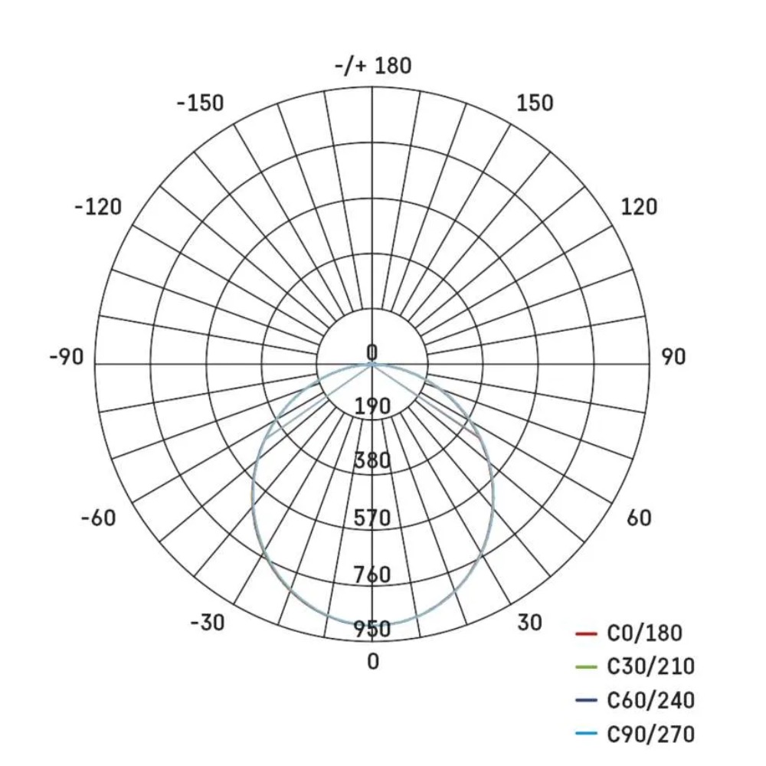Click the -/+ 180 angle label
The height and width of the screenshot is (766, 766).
pyautogui.click(x=373, y=66)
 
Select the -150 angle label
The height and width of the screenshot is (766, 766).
pyautogui.click(x=201, y=103)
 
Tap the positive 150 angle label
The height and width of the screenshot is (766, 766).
pyautogui.click(x=535, y=103)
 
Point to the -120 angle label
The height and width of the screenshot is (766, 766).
pyautogui.click(x=98, y=207)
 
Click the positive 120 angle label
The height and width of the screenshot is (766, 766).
pyautogui.click(x=639, y=207)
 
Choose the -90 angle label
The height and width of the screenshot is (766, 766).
pyautogui.click(x=67, y=357)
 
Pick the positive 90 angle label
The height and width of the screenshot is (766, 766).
pyautogui.click(x=673, y=357)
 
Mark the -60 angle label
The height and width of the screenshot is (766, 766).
pyautogui.click(x=98, y=518)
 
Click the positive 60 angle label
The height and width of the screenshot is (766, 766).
pyautogui.click(x=639, y=518)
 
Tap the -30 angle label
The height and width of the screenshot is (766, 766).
pyautogui.click(x=208, y=623)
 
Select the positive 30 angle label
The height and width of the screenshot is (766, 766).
pyautogui.click(x=529, y=623)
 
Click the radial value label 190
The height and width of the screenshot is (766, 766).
pyautogui.click(x=373, y=406)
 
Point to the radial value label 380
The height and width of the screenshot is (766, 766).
pyautogui.click(x=373, y=461)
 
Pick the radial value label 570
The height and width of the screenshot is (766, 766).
pyautogui.click(x=373, y=519)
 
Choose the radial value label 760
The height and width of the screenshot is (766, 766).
pyautogui.click(x=373, y=574)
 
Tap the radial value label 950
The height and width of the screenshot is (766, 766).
pyautogui.click(x=373, y=630)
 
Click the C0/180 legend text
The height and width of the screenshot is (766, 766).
pyautogui.click(x=644, y=633)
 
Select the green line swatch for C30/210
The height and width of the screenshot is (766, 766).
pyautogui.click(x=585, y=667)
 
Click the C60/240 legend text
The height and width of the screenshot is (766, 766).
pyautogui.click(x=650, y=700)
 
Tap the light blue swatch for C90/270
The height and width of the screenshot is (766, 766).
pyautogui.click(x=585, y=735)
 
